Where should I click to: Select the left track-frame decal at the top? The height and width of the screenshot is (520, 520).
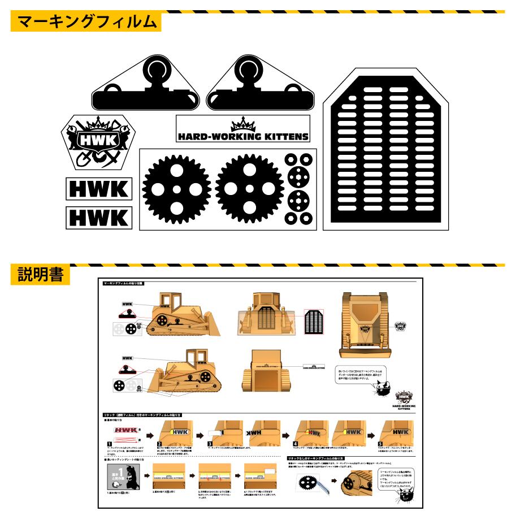click(145, 88)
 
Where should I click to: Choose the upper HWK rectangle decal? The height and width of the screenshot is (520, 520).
click(99, 189)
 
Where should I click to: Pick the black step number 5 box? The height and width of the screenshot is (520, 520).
click(380, 444)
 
